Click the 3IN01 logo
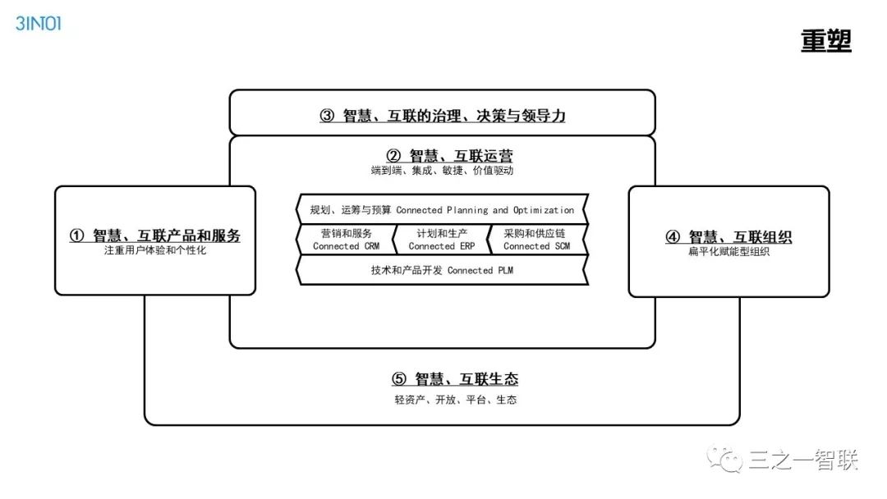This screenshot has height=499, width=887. tap(39, 22)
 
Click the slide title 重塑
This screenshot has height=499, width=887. tap(825, 40)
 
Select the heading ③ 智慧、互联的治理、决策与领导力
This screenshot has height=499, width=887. tap(442, 116)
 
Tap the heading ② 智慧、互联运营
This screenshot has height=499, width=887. tap(450, 156)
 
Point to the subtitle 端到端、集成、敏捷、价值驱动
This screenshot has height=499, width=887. tap(442, 172)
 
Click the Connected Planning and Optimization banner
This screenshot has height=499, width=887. tap(442, 210)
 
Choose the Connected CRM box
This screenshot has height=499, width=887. tap(345, 240)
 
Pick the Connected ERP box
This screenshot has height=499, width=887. tap(442, 240)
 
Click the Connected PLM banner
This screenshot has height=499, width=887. tap(442, 270)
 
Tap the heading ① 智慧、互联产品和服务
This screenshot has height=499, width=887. tap(155, 236)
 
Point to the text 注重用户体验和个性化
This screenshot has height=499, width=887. tap(155, 251)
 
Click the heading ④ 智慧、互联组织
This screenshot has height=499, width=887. tap(728, 237)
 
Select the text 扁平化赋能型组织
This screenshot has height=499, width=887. tap(728, 252)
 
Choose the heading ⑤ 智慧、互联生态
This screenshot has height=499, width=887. tap(455, 379)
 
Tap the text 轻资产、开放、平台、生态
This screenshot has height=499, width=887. tap(455, 400)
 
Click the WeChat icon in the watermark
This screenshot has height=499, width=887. tap(728, 460)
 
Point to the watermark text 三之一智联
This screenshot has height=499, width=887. tap(802, 461)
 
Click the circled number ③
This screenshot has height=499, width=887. tap(327, 116)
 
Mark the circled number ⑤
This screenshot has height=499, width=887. tap(399, 379)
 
